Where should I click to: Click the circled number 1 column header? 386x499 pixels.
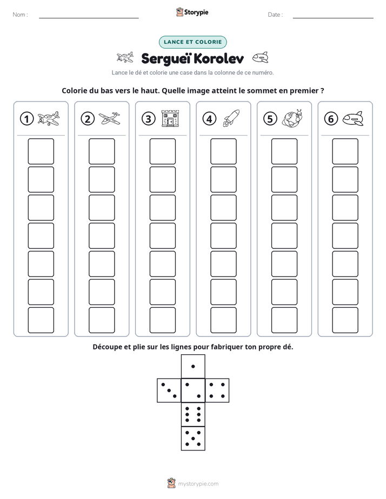(x=26, y=119)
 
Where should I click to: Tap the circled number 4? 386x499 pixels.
(x=209, y=119)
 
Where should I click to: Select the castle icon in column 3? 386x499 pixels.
(x=170, y=118)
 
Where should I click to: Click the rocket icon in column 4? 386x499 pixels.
(x=231, y=118)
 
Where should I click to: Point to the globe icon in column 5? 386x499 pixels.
(x=292, y=118)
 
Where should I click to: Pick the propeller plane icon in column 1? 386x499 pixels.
(x=49, y=118)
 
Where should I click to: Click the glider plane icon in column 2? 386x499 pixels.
(x=109, y=119)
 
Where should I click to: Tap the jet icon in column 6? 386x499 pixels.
(x=353, y=119)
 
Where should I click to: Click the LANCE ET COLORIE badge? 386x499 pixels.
(x=192, y=42)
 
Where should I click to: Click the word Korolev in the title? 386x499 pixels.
(x=218, y=58)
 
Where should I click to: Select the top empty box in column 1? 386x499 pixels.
(x=41, y=151)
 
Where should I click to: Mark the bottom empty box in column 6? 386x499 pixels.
(x=345, y=320)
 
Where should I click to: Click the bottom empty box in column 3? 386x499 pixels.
(x=162, y=320)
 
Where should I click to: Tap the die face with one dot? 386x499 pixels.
(x=193, y=366)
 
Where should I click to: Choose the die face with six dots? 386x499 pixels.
(x=193, y=414)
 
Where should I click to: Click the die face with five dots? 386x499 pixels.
(x=193, y=439)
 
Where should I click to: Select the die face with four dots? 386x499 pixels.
(x=217, y=390)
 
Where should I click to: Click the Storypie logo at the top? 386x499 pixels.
(x=192, y=12)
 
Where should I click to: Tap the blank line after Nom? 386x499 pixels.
(x=89, y=18)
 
